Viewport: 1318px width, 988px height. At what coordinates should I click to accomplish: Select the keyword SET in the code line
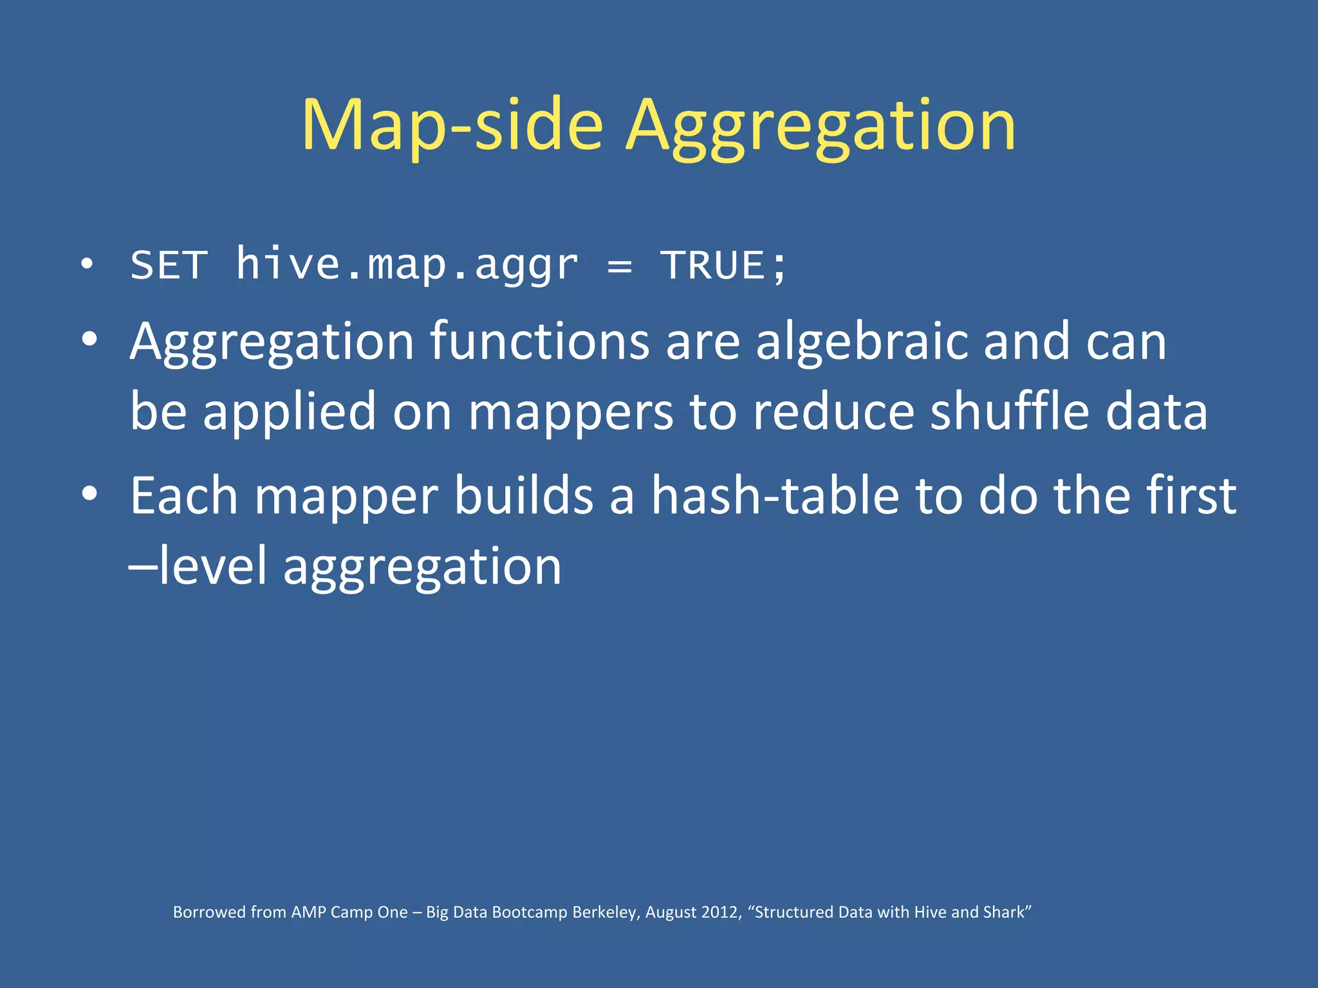pos(169,265)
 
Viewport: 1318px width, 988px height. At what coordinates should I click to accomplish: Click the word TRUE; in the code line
pos(723,265)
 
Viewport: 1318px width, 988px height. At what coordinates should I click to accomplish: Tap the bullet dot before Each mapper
pos(89,494)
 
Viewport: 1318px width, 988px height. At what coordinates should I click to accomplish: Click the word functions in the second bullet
pos(539,341)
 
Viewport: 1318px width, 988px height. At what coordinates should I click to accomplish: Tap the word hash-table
pos(775,496)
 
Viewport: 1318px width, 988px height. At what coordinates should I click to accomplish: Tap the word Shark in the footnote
pos(1002,912)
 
